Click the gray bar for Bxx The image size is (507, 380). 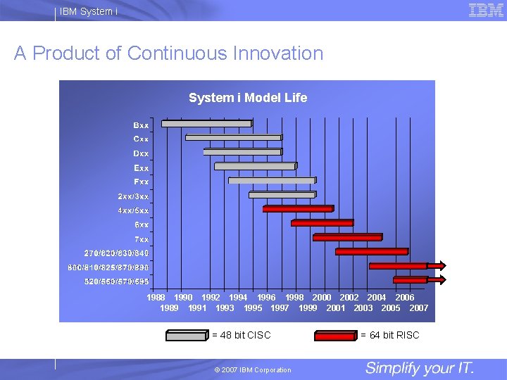point(206,124)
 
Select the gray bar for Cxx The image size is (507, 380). point(233,138)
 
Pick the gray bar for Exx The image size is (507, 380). point(255,167)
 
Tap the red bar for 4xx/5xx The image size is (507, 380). point(297,209)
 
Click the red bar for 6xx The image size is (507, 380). point(322,223)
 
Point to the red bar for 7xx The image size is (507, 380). point(347,237)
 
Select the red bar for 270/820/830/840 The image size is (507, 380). point(371,251)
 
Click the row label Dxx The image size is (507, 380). point(141,153)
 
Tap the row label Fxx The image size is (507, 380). point(141,182)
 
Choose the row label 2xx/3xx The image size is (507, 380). point(133,196)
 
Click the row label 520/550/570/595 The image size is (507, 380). point(116,281)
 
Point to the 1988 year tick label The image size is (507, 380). point(156,298)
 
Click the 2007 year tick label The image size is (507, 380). point(419,308)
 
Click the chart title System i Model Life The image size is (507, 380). point(248,98)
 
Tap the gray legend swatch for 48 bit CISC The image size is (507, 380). point(187,336)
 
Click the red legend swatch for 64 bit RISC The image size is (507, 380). point(335,336)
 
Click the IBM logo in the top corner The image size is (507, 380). point(485,10)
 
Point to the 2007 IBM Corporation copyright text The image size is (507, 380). point(253,370)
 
